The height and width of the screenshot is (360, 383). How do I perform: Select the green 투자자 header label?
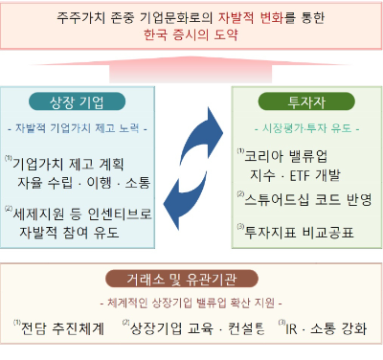306,102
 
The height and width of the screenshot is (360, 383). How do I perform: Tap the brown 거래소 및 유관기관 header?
192,280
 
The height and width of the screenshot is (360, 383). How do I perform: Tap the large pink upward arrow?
191,69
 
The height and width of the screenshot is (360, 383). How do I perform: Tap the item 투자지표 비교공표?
304,229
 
